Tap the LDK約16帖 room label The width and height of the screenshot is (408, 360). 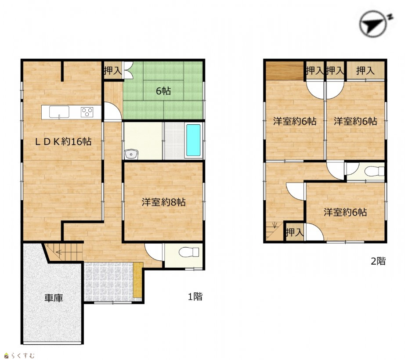coord(63,141)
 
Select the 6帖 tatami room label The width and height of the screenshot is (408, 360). coord(163,91)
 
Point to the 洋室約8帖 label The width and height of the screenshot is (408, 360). coord(163,202)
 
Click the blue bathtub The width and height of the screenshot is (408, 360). coord(193,140)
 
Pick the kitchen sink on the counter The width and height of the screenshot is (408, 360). coord(59,112)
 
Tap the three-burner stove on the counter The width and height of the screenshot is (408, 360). coord(87,112)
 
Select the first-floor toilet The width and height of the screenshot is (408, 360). coord(189,252)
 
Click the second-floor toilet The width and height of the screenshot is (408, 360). coord(374,172)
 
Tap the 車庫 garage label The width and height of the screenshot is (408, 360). coord(54,298)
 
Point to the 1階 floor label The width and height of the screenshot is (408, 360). coord(195,296)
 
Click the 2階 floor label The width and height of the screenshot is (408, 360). coord(378,261)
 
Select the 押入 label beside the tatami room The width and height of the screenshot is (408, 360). coord(113,71)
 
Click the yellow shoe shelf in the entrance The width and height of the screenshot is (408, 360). coord(138,280)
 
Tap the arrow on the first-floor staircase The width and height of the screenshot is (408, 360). coord(59,252)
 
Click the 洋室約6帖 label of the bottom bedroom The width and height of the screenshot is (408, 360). coord(345,212)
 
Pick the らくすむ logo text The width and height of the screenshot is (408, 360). coord(22,355)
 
